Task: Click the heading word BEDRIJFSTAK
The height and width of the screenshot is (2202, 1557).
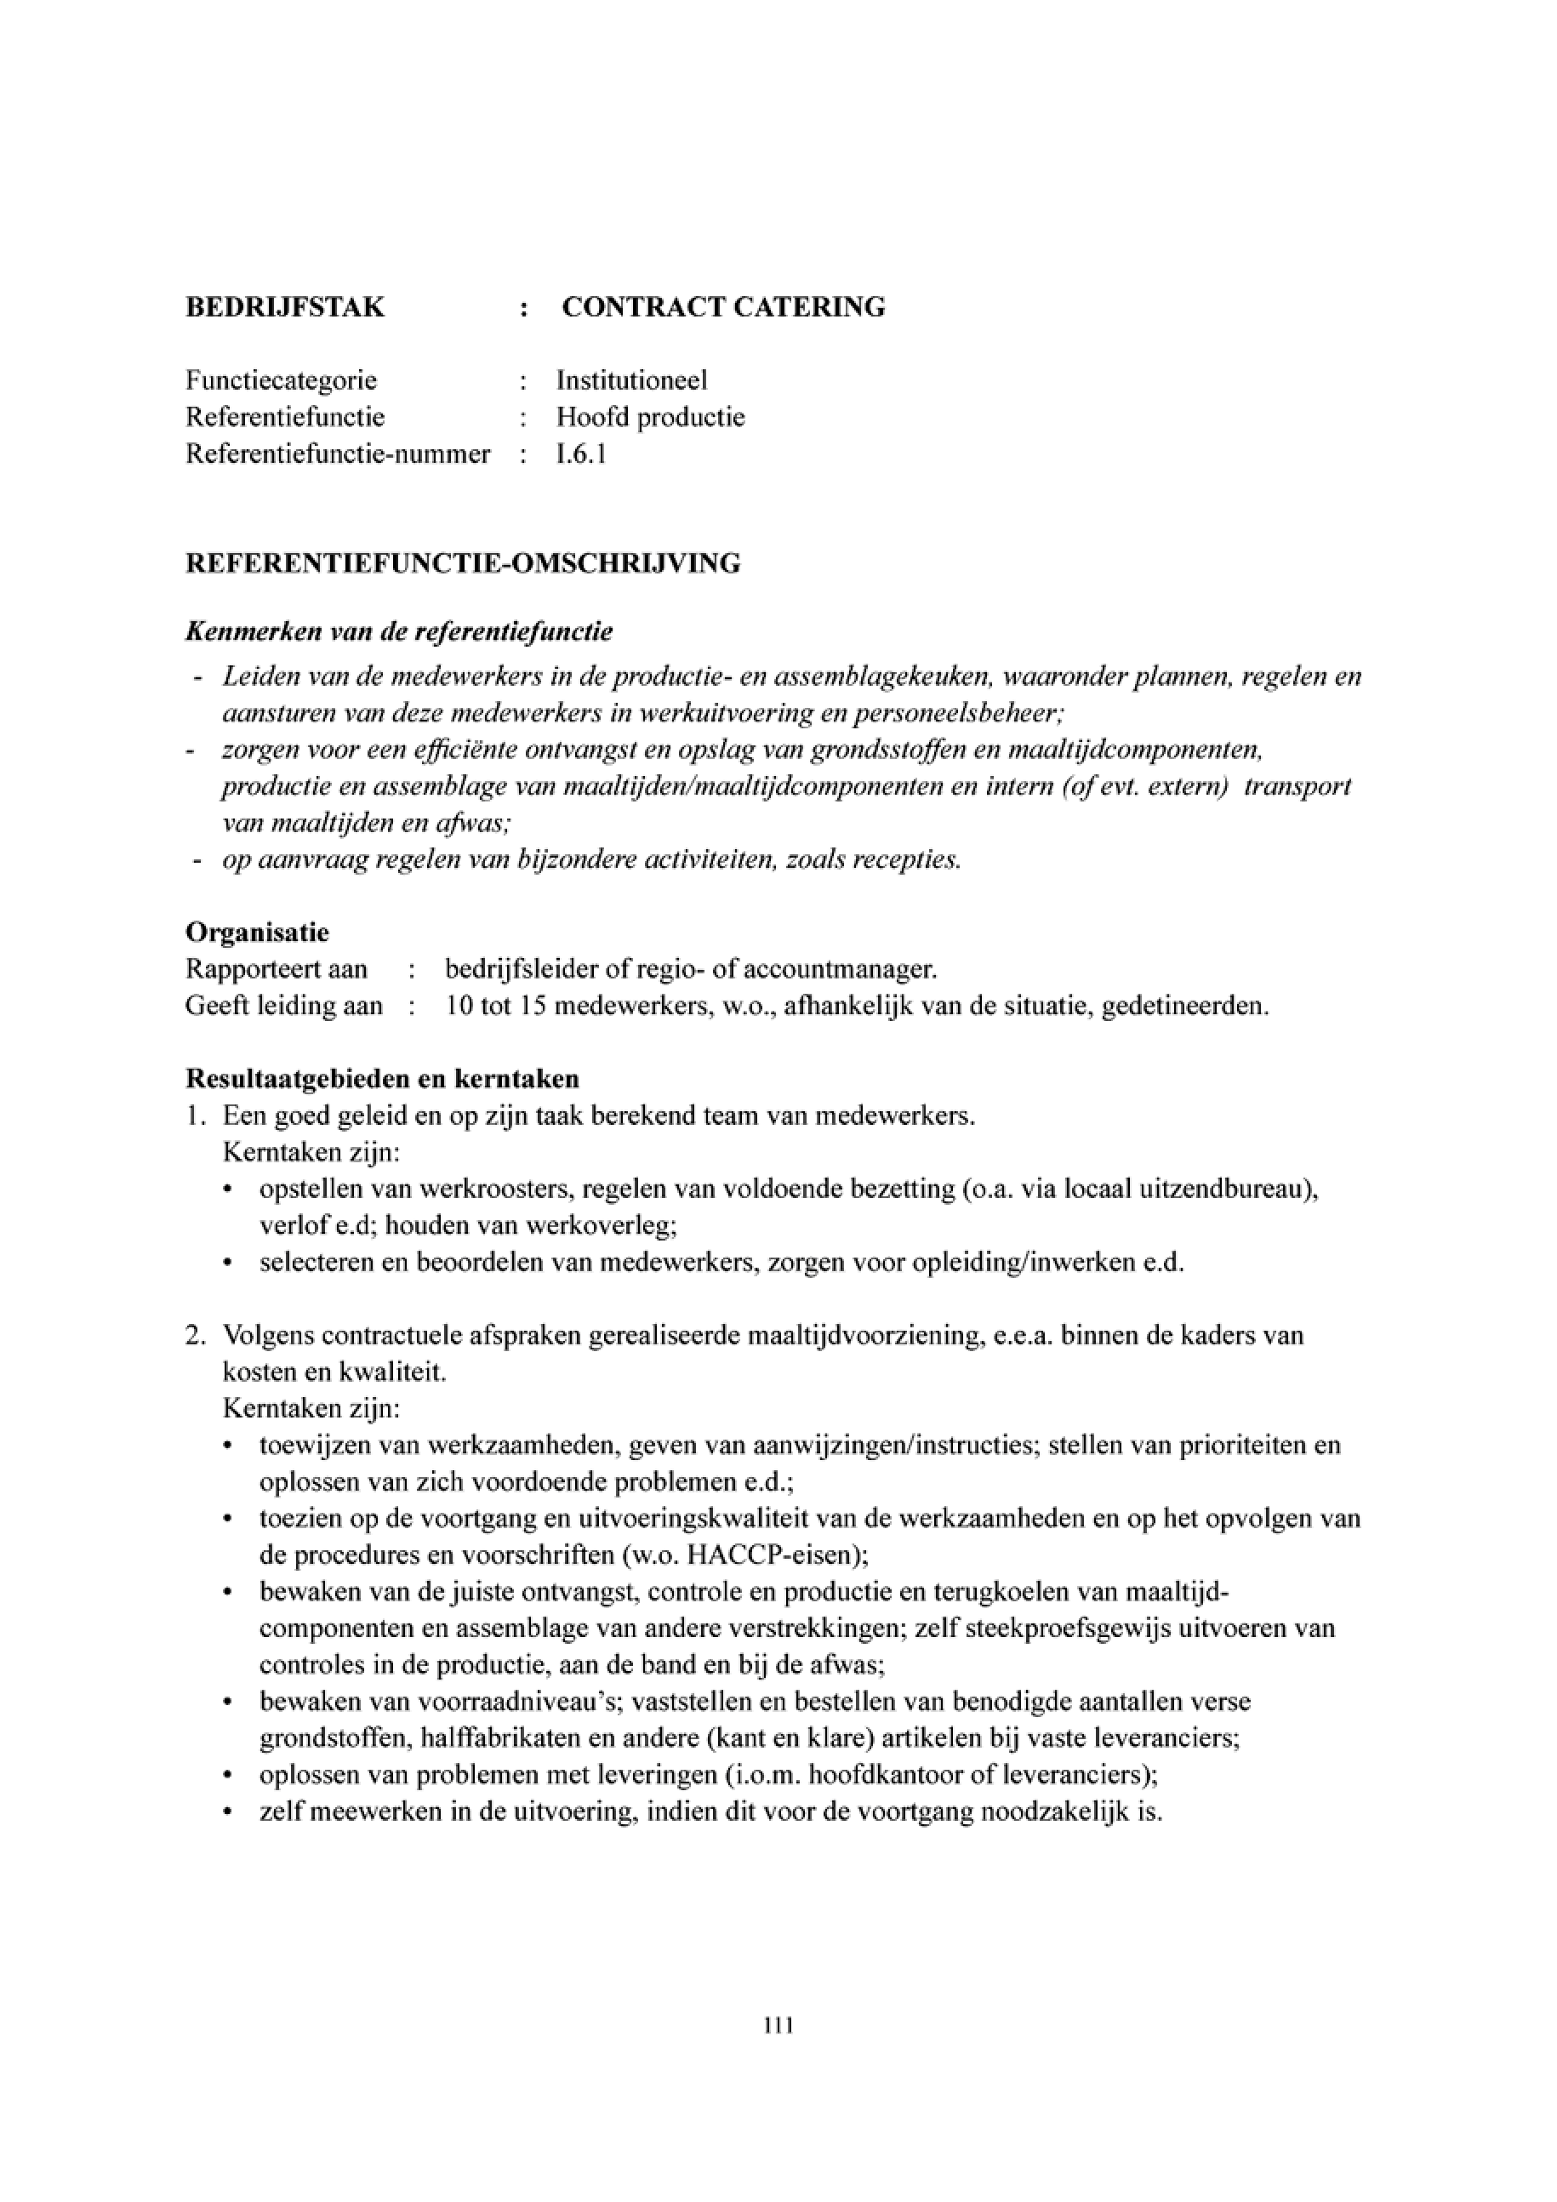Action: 285,308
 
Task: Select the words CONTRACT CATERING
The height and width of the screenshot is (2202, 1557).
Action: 723,308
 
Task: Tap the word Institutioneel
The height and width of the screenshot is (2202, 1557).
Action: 632,380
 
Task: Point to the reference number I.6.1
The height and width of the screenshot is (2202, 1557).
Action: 581,454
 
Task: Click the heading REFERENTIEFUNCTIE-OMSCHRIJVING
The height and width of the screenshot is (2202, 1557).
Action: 462,564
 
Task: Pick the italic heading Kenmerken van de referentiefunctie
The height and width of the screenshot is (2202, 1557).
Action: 399,633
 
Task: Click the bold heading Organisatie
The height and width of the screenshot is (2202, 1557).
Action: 257,933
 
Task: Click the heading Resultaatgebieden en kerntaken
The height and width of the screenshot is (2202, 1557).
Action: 383,1080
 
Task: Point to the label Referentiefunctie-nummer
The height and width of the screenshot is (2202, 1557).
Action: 338,454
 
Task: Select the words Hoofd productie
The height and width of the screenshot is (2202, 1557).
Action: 651,417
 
